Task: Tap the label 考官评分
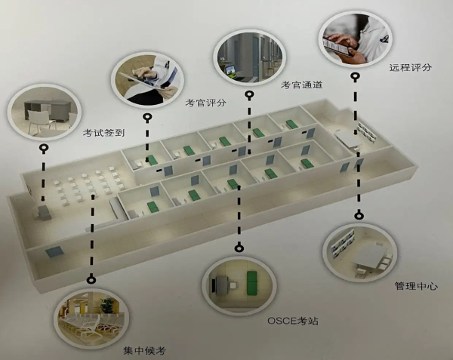(205, 103)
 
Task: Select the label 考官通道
(301, 85)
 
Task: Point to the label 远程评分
(410, 67)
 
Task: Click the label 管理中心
(415, 286)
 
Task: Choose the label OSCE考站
(293, 320)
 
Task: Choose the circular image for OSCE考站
(237, 285)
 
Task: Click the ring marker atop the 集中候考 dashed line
(91, 279)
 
